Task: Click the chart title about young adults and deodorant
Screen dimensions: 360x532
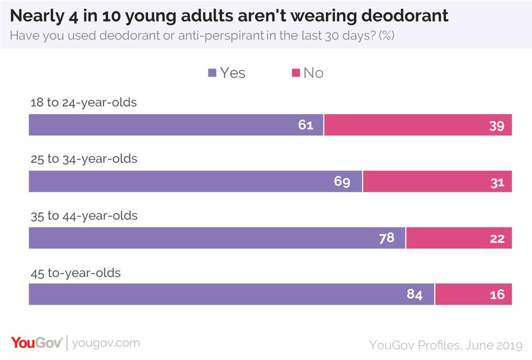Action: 229,16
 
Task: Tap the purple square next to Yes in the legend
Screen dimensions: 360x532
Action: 212,73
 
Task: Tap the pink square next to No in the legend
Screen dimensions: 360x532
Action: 295,73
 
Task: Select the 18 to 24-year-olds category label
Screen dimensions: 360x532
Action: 83,103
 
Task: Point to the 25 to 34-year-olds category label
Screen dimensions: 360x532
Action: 83,159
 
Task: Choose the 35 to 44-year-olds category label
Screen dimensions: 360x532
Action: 83,216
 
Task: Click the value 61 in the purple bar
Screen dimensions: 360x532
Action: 306,125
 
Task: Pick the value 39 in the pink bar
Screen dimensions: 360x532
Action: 497,125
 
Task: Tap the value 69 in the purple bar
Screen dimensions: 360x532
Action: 342,182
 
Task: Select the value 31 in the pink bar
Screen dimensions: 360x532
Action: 497,182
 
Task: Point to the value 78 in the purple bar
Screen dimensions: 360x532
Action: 387,238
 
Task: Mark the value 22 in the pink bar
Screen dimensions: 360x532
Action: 497,238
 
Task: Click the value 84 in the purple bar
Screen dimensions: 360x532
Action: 415,295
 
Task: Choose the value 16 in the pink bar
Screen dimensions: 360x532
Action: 497,295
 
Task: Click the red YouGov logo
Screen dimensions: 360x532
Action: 36,343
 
